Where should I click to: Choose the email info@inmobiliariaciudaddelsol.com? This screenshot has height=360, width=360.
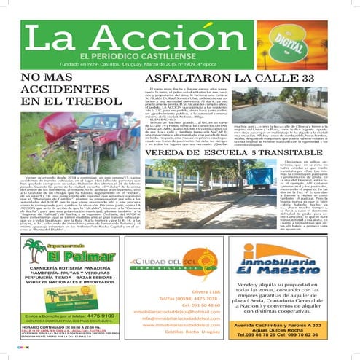180,318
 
